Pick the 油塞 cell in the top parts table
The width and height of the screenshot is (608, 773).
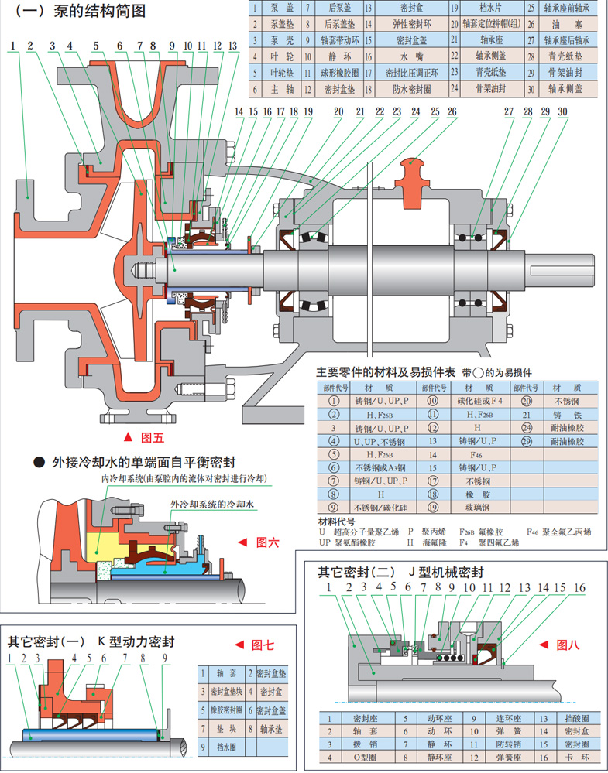click(x=566, y=24)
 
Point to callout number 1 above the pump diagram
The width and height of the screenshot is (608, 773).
click(x=14, y=46)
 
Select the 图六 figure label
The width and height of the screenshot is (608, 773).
click(x=267, y=542)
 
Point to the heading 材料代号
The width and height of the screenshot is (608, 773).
click(x=336, y=522)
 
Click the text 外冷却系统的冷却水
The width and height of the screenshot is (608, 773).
click(x=214, y=505)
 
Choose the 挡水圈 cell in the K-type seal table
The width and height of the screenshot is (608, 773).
click(x=225, y=747)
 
